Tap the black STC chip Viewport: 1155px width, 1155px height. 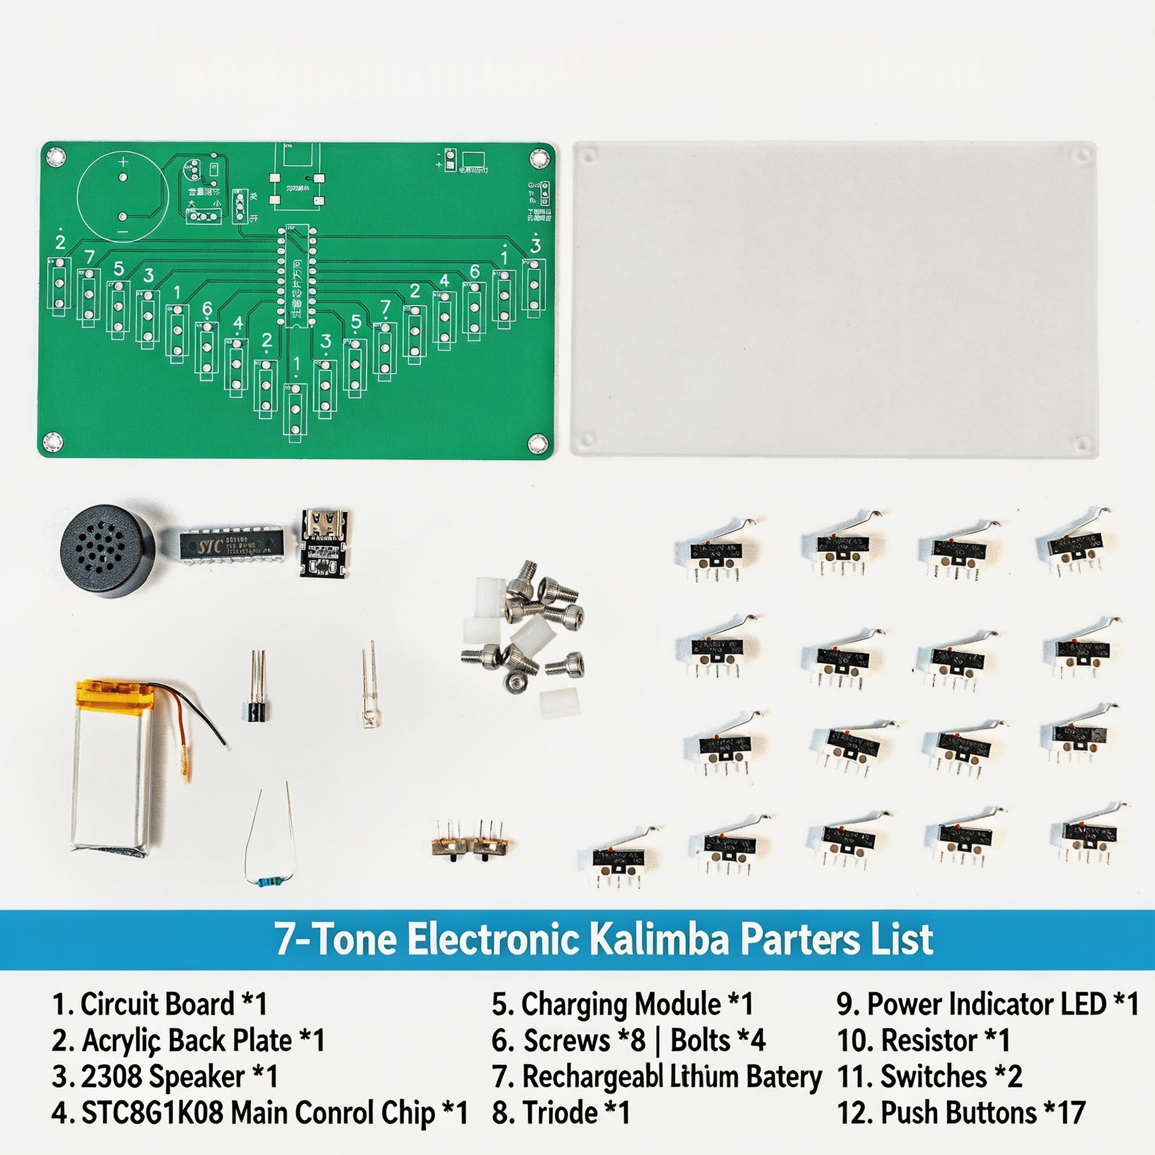click(232, 544)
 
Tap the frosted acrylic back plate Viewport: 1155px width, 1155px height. click(834, 299)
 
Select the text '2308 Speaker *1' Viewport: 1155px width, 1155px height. click(165, 1077)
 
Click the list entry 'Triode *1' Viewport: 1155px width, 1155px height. click(561, 1113)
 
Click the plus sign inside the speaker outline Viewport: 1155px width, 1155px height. click(123, 161)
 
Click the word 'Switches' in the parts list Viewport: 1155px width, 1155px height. click(933, 1077)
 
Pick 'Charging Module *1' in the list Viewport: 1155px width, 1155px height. click(621, 1004)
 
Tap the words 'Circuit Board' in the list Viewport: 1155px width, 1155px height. click(157, 1004)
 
